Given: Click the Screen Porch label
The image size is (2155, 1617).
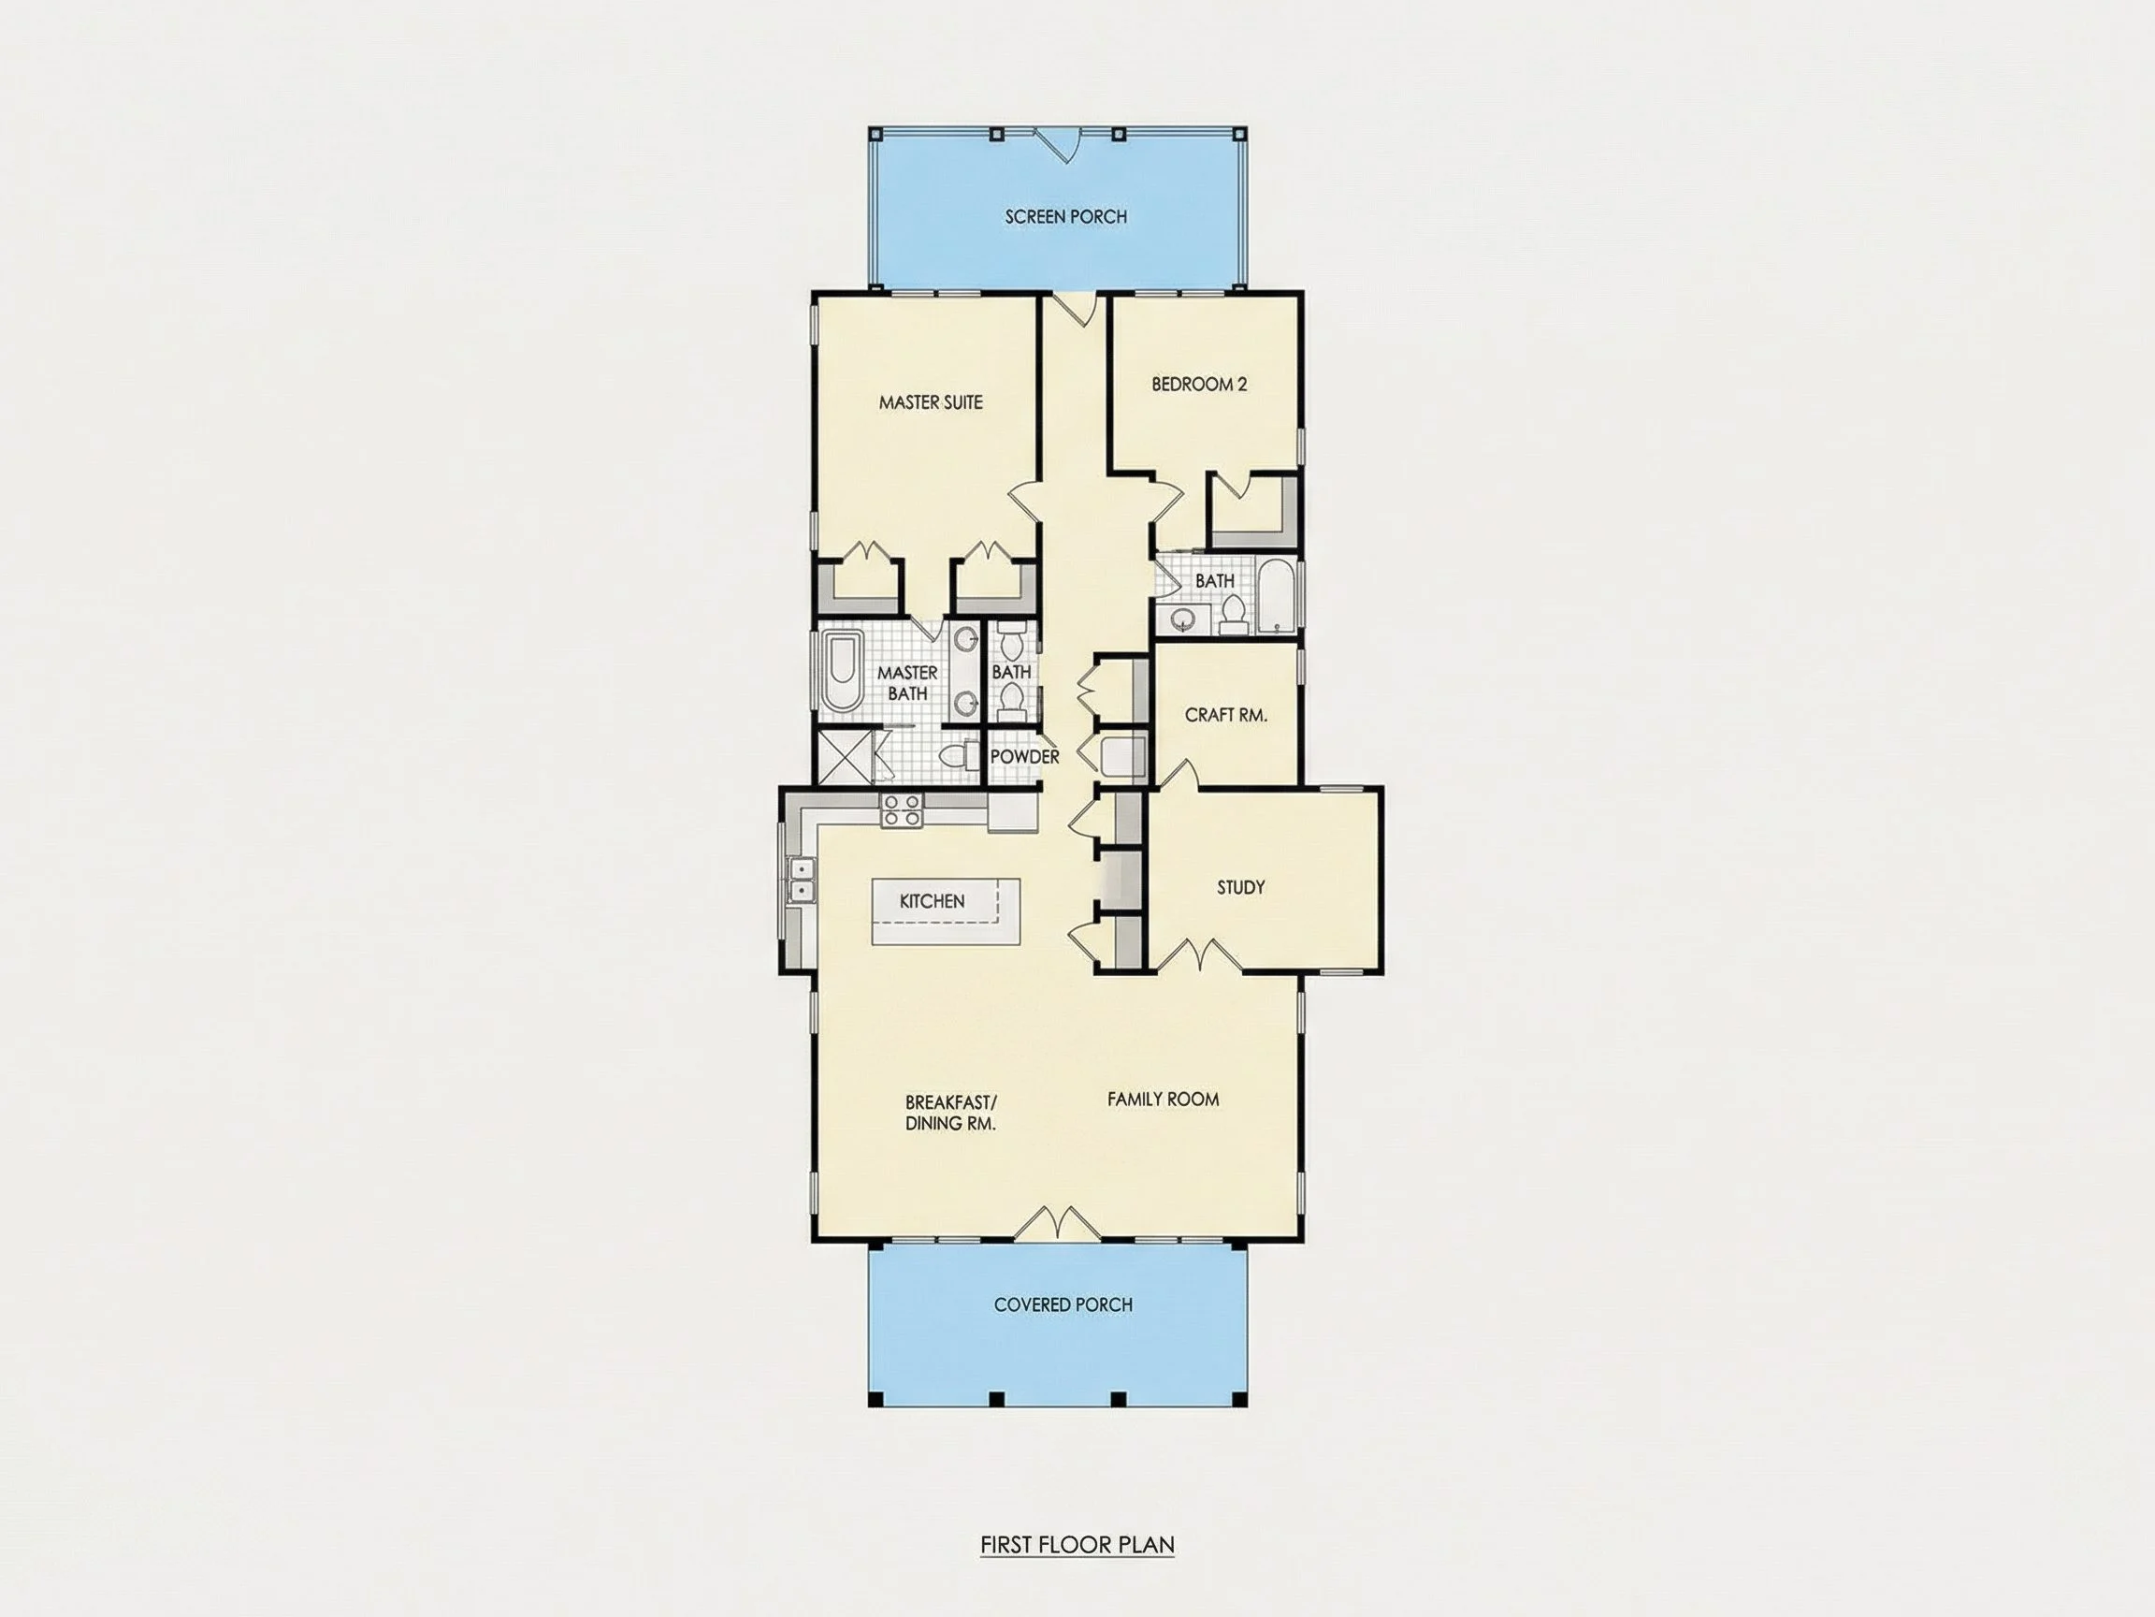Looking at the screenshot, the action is tap(1066, 216).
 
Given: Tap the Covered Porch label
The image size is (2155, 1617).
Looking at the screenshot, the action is tap(1063, 1304).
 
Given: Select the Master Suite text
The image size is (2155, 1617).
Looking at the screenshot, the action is tap(931, 401).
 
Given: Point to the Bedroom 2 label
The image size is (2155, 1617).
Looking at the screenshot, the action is tap(1199, 384).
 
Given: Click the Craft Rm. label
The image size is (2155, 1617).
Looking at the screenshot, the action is tap(1225, 714).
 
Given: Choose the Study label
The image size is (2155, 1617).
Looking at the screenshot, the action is tap(1240, 887).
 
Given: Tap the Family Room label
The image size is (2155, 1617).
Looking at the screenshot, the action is tap(1164, 1100).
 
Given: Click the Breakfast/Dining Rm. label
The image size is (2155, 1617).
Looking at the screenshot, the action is tap(950, 1112).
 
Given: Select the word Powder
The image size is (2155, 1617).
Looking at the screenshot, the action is tap(1024, 756).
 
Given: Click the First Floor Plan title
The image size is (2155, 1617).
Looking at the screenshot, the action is tap(1077, 1545).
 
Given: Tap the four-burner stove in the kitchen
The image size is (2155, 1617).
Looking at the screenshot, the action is tap(900, 811).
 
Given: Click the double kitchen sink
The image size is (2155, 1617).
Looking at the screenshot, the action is tap(801, 881).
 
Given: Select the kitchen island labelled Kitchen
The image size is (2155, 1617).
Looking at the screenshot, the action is tap(945, 911).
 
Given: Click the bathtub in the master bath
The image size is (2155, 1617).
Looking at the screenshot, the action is tap(841, 673).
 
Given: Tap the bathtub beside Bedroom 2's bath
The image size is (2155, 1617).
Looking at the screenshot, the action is tap(1275, 595).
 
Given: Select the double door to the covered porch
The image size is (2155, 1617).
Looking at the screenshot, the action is tap(1058, 1222).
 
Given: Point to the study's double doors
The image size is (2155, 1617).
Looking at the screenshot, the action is tap(1198, 954).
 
